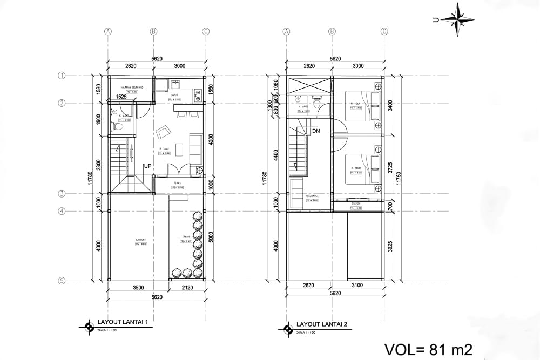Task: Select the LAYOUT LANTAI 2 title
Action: click(x=322, y=324)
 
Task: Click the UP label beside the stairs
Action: click(x=146, y=166)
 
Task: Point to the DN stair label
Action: click(x=316, y=131)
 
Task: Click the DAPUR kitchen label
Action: click(x=174, y=95)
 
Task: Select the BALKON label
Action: click(x=356, y=203)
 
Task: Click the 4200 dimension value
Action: click(x=211, y=140)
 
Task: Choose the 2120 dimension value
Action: click(x=187, y=288)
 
